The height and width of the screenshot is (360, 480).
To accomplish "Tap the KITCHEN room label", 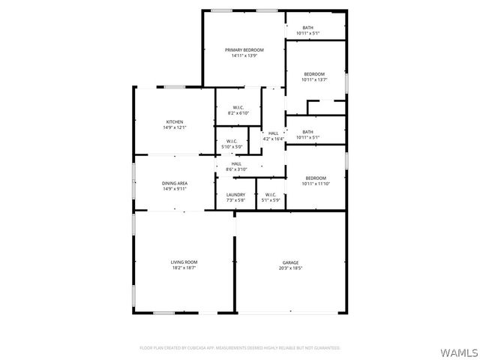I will coord(175,121).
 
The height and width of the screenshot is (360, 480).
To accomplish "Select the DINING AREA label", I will coord(175,183).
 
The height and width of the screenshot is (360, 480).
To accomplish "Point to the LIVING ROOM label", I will coord(184,262).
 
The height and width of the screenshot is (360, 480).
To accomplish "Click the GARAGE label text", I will coord(290,262).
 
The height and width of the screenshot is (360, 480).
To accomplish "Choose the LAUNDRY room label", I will coord(235,195).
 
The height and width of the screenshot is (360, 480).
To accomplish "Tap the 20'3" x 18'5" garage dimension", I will coord(290,268).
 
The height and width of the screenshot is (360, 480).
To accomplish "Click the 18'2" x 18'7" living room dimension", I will coord(184,268).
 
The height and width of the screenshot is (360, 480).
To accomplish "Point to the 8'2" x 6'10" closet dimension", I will coord(238,113).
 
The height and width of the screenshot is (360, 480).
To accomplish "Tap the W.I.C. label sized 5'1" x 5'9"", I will coord(271,195).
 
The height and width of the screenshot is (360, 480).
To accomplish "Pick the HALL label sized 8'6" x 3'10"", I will coord(236,163).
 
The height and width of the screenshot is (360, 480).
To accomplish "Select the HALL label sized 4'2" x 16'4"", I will coord(274,133).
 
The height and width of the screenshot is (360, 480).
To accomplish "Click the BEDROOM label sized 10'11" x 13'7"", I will coord(314,73).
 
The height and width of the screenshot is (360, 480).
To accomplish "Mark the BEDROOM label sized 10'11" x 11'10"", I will coord(315,177).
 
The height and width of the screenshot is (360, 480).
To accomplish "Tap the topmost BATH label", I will coord(308,28).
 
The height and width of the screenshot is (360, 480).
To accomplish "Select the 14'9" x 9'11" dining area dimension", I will coord(175,189).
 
